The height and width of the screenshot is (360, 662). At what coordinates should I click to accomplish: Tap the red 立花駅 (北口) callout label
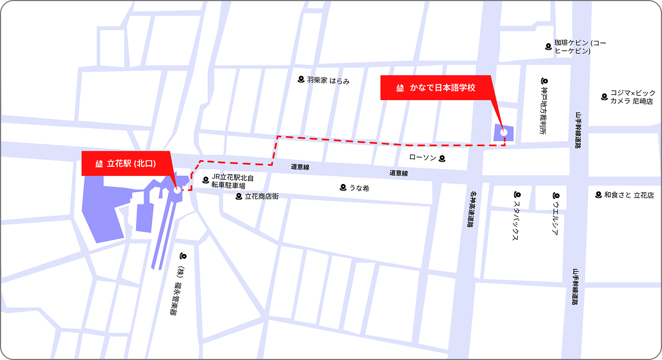click(x=126, y=164)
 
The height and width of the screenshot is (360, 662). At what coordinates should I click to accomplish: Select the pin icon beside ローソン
click(x=442, y=158)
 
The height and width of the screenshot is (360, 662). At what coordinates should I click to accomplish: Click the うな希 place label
click(x=359, y=188)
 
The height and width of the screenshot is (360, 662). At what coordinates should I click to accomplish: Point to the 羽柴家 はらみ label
click(x=328, y=81)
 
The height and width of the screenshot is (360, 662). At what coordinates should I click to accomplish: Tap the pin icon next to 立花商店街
click(x=239, y=196)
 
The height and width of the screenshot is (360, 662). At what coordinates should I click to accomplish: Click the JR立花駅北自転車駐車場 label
click(x=232, y=181)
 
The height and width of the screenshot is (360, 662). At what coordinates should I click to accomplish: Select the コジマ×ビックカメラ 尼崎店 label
click(x=632, y=97)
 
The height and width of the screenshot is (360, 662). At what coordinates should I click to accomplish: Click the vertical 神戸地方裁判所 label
click(x=545, y=110)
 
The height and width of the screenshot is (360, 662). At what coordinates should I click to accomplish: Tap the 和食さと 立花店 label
click(x=629, y=195)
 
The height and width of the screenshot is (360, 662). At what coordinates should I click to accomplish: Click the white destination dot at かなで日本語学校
click(x=504, y=132)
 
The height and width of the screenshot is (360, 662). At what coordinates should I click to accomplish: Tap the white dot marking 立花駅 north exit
click(x=177, y=189)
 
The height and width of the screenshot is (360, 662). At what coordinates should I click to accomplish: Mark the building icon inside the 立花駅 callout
click(x=98, y=164)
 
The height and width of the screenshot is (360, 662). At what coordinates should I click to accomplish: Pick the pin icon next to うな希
click(x=343, y=187)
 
